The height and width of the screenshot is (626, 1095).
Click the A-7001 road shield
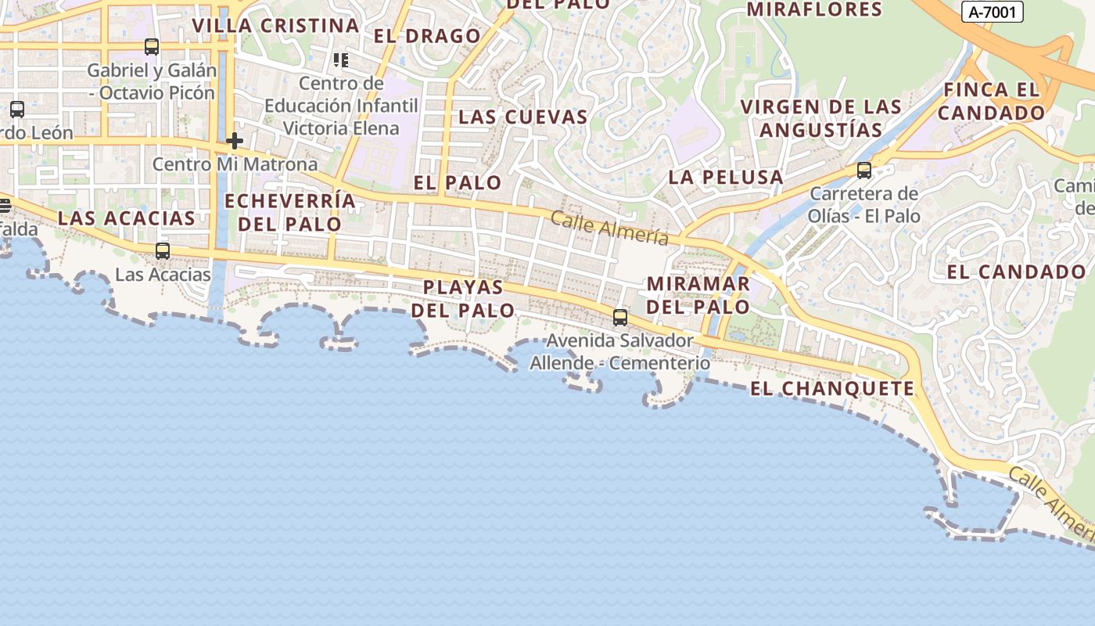click(992, 12)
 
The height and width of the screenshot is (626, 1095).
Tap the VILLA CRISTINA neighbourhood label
click(275, 25)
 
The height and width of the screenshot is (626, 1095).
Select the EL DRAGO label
click(427, 36)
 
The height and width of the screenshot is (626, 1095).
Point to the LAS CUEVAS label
click(522, 117)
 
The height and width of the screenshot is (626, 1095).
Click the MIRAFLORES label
click(814, 9)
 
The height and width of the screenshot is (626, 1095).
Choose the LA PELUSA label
click(726, 177)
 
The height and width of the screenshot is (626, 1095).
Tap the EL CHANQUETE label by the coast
click(832, 388)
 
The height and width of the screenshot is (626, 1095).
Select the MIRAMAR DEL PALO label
click(698, 294)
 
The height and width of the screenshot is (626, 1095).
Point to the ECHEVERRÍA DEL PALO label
click(290, 212)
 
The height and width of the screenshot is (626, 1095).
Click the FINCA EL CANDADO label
click(992, 101)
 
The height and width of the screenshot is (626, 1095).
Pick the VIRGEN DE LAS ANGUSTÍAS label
click(820, 118)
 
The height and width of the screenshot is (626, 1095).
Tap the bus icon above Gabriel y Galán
click(152, 47)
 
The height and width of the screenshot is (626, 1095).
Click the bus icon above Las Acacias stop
click(163, 251)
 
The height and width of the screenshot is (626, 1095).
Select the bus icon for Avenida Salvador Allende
click(620, 317)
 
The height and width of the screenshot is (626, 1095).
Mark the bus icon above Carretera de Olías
click(864, 170)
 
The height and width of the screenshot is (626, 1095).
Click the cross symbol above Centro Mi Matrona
click(235, 142)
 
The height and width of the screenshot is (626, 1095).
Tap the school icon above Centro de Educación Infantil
click(340, 59)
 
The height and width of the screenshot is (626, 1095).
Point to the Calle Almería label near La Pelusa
click(609, 228)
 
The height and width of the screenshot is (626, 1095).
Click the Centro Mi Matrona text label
click(235, 164)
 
